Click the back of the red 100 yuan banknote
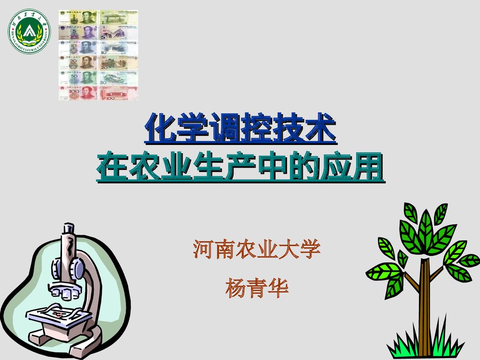pos(119,93)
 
